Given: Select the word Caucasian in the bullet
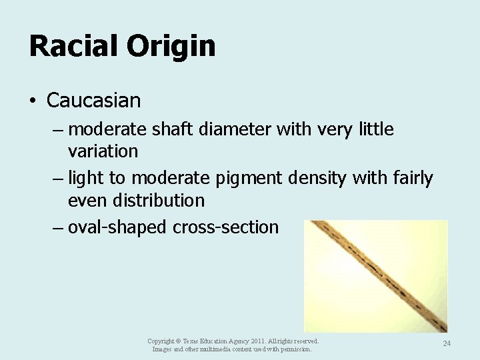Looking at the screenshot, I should point(94,101).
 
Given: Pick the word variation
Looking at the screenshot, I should point(103,151).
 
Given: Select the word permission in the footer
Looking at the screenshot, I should point(295,349).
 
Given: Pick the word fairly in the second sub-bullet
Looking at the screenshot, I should point(412,178).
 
